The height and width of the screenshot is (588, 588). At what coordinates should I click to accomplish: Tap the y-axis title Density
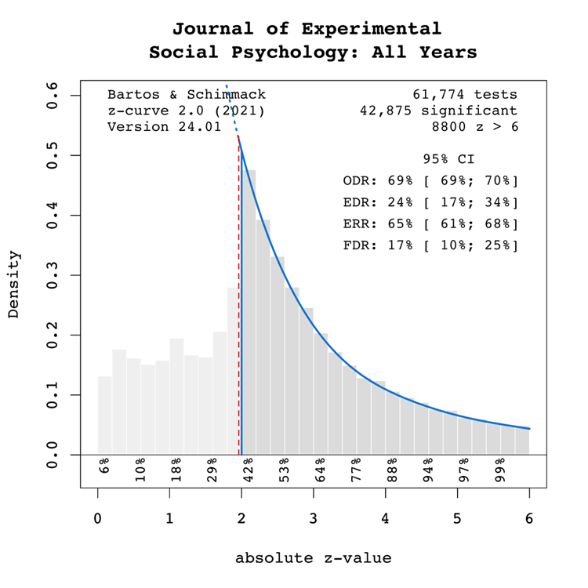click(13, 285)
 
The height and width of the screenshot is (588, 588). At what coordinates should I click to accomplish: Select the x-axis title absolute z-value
click(313, 558)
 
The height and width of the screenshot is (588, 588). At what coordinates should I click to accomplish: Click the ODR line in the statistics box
click(430, 181)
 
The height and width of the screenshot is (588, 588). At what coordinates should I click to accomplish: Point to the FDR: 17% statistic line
click(430, 245)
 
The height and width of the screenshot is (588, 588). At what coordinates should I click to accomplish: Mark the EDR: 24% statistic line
click(430, 202)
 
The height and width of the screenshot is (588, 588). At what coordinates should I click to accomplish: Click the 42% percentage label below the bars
click(249, 466)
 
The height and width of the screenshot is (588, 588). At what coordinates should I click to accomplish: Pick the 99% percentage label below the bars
click(500, 466)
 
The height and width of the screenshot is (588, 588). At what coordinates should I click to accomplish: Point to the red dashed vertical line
click(238, 314)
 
